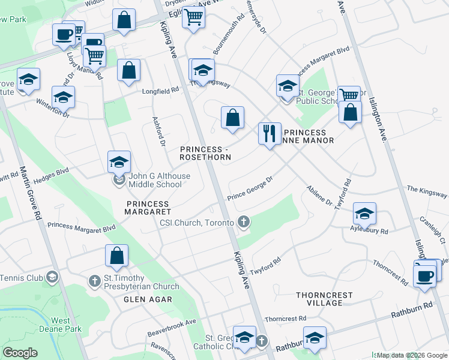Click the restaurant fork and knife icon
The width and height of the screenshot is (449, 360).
pyautogui.click(x=269, y=132)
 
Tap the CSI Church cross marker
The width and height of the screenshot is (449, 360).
pyautogui.click(x=244, y=223)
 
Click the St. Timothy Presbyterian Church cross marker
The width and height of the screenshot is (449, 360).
pyautogui.click(x=95, y=280)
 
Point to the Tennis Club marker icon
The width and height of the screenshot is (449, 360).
pyautogui.click(x=52, y=276)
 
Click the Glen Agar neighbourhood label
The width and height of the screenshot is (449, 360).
pyautogui.click(x=148, y=299)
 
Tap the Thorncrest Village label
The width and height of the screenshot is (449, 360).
pyautogui.click(x=324, y=299)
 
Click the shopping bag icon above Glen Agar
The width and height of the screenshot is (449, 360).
pyautogui.click(x=117, y=255)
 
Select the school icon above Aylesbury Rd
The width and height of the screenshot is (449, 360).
pyautogui.click(x=364, y=213)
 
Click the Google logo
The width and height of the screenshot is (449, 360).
pyautogui.click(x=20, y=353)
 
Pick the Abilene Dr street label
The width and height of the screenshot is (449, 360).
pyautogui.click(x=319, y=194)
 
